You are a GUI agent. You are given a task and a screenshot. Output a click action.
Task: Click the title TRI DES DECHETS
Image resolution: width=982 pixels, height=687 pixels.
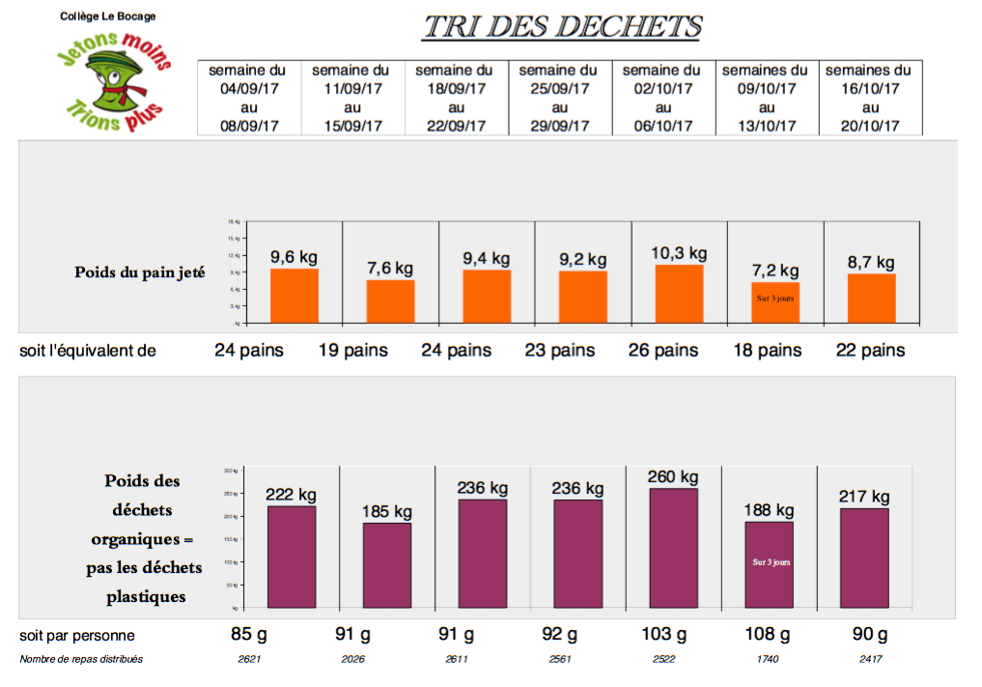coord(562,27)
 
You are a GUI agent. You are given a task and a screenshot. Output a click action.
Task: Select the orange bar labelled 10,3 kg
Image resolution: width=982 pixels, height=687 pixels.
coord(679,293)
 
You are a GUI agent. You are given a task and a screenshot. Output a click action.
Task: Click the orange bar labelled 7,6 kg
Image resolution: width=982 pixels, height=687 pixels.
coord(390,301)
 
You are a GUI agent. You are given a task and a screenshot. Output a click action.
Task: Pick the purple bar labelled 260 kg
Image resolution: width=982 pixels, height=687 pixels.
coord(674,547)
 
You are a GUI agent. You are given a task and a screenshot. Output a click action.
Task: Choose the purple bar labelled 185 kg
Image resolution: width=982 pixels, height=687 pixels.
coord(387,564)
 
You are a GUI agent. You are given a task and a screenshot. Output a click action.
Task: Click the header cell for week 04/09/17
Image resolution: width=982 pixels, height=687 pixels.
coord(248,98)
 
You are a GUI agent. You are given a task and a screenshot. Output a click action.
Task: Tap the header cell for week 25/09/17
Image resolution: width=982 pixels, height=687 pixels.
coord(559,98)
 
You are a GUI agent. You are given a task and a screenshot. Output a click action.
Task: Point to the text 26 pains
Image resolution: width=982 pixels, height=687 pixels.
coord(663,350)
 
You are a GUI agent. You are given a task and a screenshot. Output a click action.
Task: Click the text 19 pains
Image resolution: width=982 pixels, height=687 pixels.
coord(353,350)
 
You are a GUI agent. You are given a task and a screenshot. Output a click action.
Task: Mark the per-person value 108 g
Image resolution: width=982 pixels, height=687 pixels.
coord(767,635)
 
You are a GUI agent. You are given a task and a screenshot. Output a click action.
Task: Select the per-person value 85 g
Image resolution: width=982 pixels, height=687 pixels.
coord(248,635)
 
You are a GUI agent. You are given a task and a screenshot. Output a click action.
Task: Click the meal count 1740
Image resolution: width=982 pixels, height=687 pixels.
coord(767,659)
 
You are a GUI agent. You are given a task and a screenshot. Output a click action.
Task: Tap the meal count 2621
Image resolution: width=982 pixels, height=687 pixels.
coord(248,659)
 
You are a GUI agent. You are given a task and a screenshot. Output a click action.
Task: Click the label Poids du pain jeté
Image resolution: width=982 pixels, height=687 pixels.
coord(140,272)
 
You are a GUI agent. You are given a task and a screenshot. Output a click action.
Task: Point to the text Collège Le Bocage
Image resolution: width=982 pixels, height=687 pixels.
coord(107,16)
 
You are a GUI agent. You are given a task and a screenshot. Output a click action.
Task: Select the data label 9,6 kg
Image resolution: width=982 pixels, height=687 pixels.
coord(294,257)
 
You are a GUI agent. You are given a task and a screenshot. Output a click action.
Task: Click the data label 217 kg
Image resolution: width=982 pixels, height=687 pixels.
coord(864,497)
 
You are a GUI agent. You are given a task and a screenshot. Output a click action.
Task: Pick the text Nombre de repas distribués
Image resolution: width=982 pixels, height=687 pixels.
coord(81,659)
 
